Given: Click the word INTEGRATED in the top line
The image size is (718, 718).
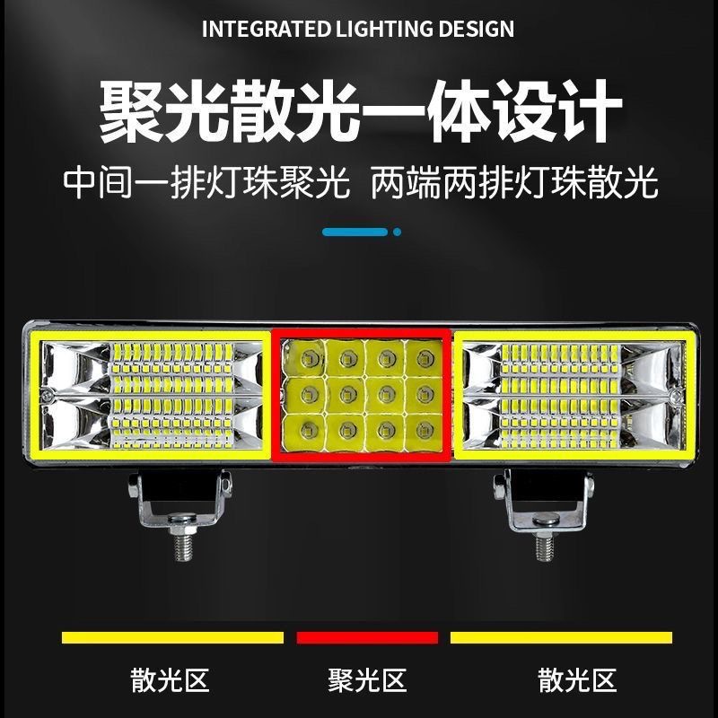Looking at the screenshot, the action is (x=253, y=29).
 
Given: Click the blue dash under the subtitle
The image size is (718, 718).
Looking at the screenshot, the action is (x=355, y=232).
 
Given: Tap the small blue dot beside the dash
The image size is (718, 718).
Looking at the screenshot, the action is (x=398, y=232).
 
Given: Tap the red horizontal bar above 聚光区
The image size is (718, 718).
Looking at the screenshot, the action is (x=367, y=637).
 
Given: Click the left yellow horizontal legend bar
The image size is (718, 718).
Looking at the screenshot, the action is (x=172, y=637).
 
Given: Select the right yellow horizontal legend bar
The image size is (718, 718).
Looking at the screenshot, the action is (x=561, y=637).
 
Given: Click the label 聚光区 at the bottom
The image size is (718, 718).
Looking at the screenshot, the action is (x=367, y=680).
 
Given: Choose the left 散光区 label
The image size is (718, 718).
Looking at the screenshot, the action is (x=171, y=680).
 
